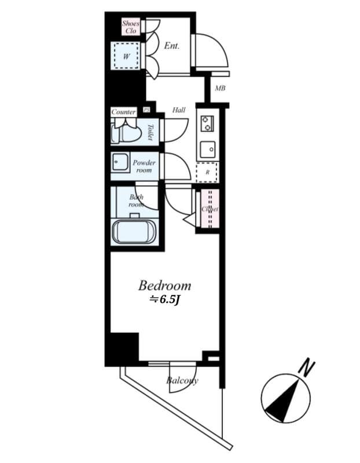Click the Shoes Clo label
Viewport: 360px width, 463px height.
(x=131, y=27)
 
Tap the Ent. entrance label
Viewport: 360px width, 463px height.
(x=172, y=46)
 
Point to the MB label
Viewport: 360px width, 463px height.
(x=220, y=89)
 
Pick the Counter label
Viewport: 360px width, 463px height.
(x=123, y=112)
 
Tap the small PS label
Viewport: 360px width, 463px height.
(x=147, y=110)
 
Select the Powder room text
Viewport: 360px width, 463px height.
(x=144, y=167)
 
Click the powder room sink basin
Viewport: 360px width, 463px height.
(x=120, y=163)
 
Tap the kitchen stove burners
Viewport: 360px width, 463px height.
(x=207, y=123)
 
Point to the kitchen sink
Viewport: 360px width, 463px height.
(x=207, y=150)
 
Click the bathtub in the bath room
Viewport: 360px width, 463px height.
(x=134, y=231)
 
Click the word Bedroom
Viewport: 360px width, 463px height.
(x=164, y=285)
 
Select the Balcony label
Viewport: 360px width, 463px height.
(x=182, y=380)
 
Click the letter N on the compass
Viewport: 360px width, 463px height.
(x=307, y=367)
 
